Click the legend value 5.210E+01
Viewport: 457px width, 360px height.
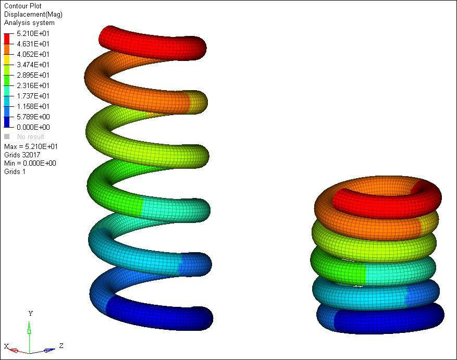click(33, 33)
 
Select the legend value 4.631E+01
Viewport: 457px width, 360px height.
click(33, 44)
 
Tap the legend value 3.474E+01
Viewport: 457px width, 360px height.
click(33, 65)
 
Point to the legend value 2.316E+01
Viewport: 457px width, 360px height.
click(33, 85)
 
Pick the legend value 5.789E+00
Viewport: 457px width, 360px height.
click(33, 117)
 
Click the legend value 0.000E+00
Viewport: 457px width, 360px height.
click(33, 127)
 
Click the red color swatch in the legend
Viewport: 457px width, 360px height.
click(7, 38)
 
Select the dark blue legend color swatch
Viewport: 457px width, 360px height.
click(7, 122)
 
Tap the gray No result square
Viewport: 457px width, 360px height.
click(7, 136)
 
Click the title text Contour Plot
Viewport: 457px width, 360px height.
click(22, 6)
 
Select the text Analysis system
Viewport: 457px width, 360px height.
click(29, 23)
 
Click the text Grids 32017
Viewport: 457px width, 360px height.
click(22, 155)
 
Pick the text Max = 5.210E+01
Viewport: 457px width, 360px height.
click(31, 146)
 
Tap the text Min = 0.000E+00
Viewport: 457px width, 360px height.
click(30, 163)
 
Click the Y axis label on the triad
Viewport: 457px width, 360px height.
click(31, 314)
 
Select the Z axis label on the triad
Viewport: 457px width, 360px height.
click(61, 345)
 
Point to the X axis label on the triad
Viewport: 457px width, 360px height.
click(7, 346)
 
